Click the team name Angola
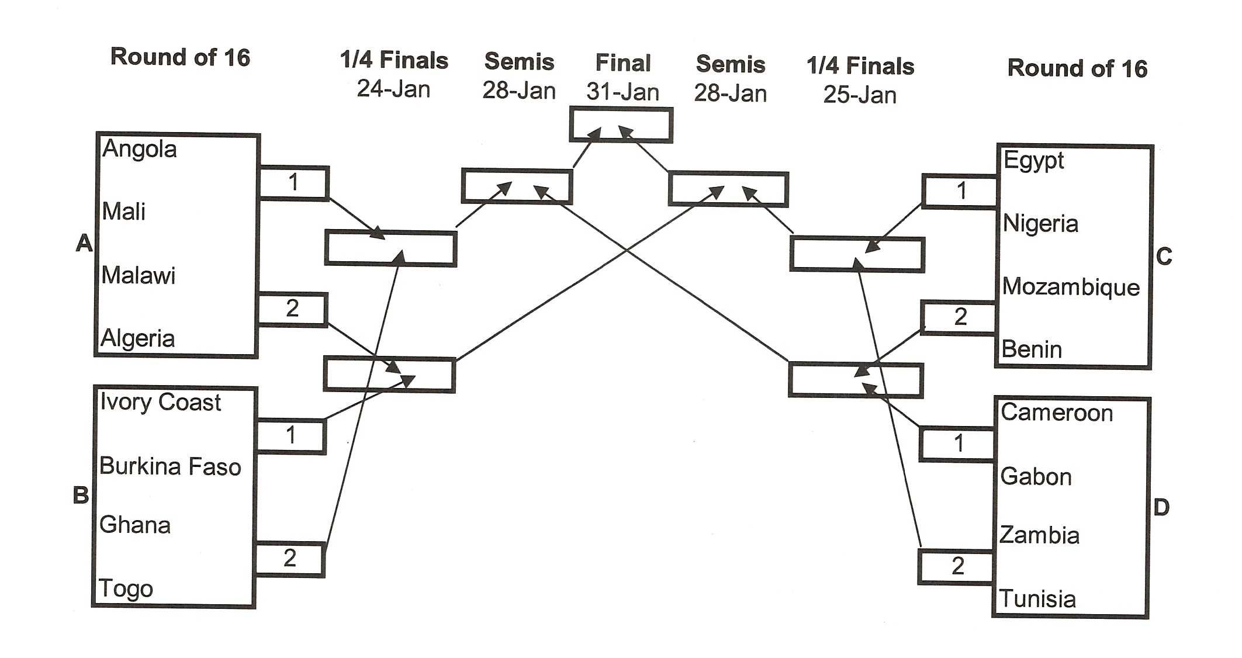(139, 150)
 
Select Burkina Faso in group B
(169, 466)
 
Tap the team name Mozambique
(1071, 287)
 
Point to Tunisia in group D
(1037, 599)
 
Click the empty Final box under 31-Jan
(621, 124)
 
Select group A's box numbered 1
(293, 183)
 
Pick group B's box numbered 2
(289, 559)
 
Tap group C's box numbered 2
(959, 317)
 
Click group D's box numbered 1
(957, 444)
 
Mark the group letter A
(84, 243)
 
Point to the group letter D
(1161, 507)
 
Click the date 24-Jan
(393, 89)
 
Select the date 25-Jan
(859, 95)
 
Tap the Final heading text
(622, 63)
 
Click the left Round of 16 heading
(180, 57)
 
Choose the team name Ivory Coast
(160, 402)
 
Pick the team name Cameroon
(1056, 413)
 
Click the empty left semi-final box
(517, 186)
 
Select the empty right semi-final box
(728, 189)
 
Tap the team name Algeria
(137, 338)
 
